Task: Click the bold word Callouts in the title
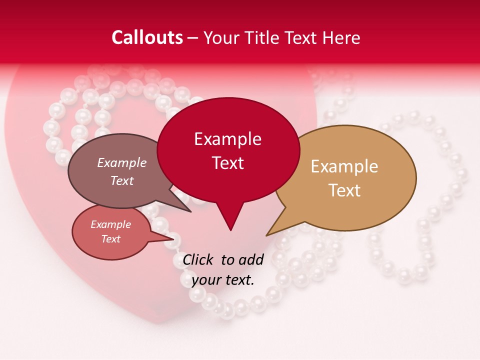pos(147,37)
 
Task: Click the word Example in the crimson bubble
pos(227,139)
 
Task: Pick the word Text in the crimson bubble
pos(227,163)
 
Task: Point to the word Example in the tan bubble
pos(344,166)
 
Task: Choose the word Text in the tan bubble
pos(344,190)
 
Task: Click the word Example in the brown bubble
pos(122,162)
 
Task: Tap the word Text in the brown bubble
pos(122,180)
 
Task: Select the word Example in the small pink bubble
pos(110,224)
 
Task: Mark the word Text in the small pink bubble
pos(110,239)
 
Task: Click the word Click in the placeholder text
pos(198,259)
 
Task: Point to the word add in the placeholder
pos(250,259)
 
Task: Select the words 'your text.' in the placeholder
pos(223,280)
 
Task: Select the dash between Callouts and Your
pos(193,37)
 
